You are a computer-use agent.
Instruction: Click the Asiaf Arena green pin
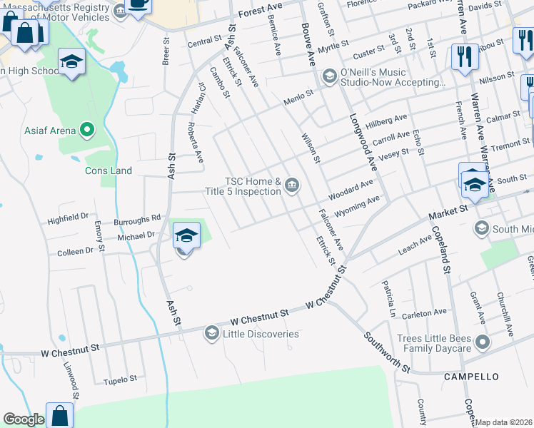(87, 130)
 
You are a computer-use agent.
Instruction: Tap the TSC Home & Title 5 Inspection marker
(292, 186)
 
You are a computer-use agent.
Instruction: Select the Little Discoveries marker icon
(211, 333)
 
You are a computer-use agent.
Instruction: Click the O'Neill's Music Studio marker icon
(330, 76)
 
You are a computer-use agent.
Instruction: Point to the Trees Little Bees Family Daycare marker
(483, 342)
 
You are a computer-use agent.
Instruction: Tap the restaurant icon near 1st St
(465, 56)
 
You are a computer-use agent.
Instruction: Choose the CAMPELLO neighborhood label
(470, 376)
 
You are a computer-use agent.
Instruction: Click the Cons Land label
(109, 170)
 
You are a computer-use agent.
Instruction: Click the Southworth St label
(386, 352)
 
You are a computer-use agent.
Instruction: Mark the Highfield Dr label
(69, 215)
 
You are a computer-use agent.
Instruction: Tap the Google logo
(24, 419)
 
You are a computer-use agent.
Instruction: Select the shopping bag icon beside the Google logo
(60, 415)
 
